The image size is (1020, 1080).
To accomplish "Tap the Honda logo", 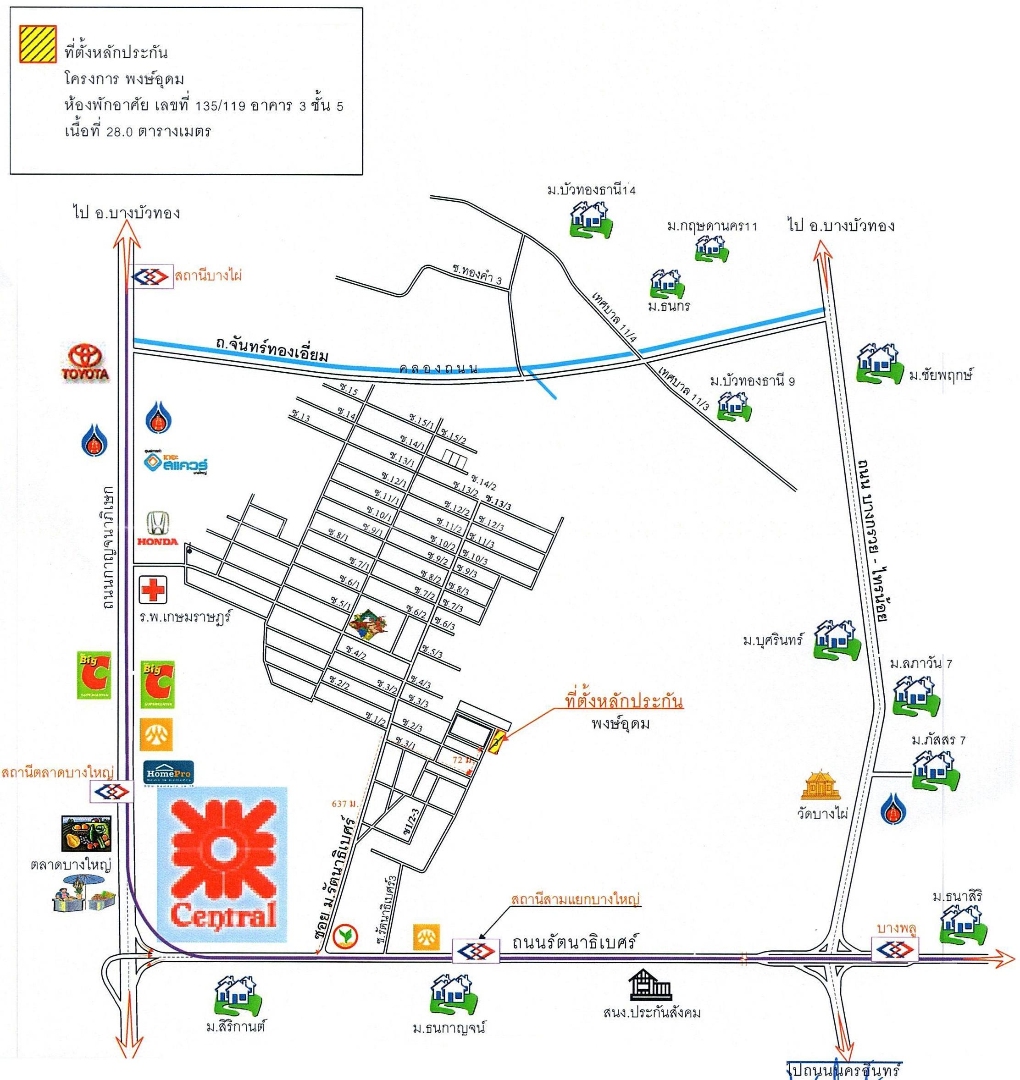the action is pos(157,529).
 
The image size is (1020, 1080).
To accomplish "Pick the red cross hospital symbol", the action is pos(153,590).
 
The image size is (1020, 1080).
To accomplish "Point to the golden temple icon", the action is pos(820,785).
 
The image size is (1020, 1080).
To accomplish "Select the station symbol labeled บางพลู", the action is pos(895,950).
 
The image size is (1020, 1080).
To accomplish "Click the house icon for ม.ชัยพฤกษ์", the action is pos(877,363).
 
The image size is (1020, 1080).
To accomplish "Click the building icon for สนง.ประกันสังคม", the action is pos(650,984).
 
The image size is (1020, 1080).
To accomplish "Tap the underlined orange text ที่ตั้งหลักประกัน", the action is pos(624,702).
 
